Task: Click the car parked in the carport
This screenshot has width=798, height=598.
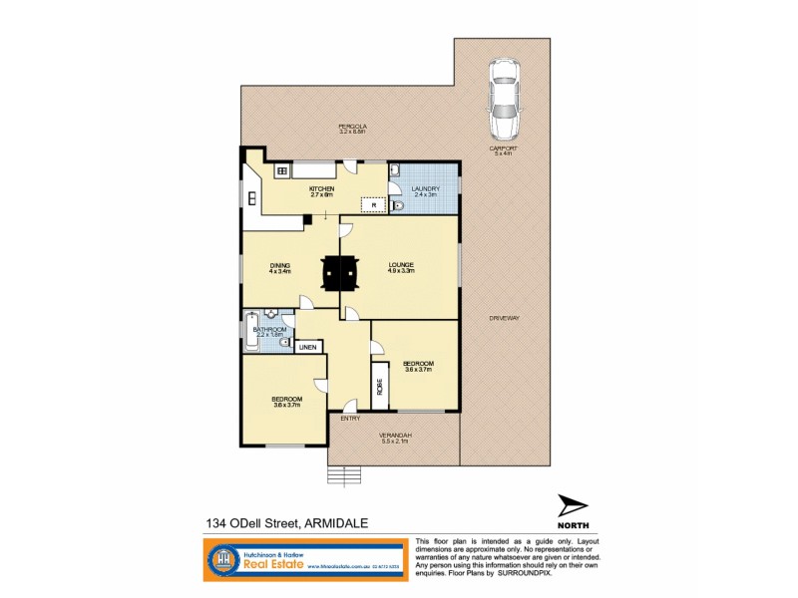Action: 504,99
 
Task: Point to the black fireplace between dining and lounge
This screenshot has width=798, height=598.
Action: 340,271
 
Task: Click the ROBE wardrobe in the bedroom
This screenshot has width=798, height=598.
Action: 380,385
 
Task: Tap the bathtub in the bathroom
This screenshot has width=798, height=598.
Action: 249,331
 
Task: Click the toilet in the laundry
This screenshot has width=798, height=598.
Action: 398,206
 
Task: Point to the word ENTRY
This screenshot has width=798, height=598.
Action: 349,420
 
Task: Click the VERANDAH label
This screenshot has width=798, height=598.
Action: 394,437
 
